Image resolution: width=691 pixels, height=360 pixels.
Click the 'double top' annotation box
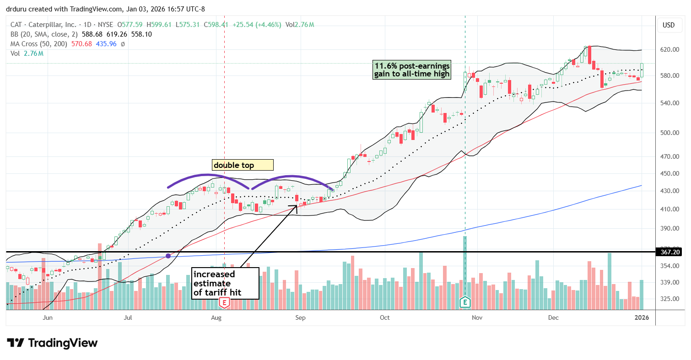click(x=242, y=165)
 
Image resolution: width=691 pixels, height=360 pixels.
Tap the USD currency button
click(x=669, y=25)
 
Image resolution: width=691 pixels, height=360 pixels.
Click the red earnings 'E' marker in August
click(x=224, y=302)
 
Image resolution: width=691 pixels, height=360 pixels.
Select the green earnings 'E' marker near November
click(x=465, y=302)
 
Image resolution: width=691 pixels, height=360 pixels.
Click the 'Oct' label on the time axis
click(x=385, y=317)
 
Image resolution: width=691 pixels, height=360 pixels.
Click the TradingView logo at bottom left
click(x=53, y=343)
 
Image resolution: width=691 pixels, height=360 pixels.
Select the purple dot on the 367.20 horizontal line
click(x=168, y=256)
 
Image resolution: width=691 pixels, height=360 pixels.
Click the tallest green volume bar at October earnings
click(x=465, y=270)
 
